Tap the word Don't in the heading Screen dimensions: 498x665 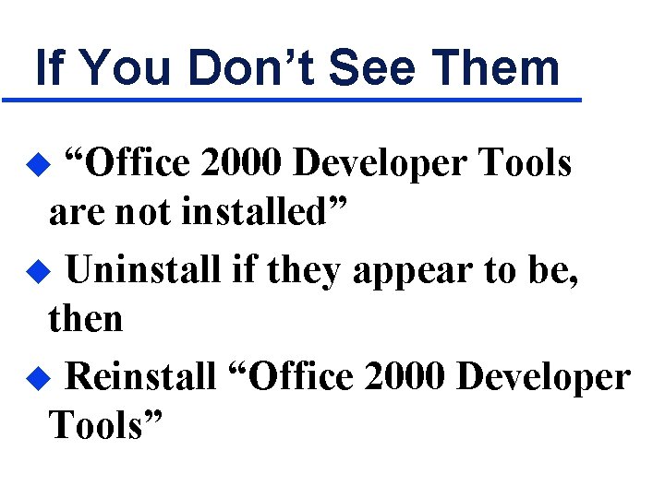[239, 68]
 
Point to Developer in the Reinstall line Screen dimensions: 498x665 [545, 376]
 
